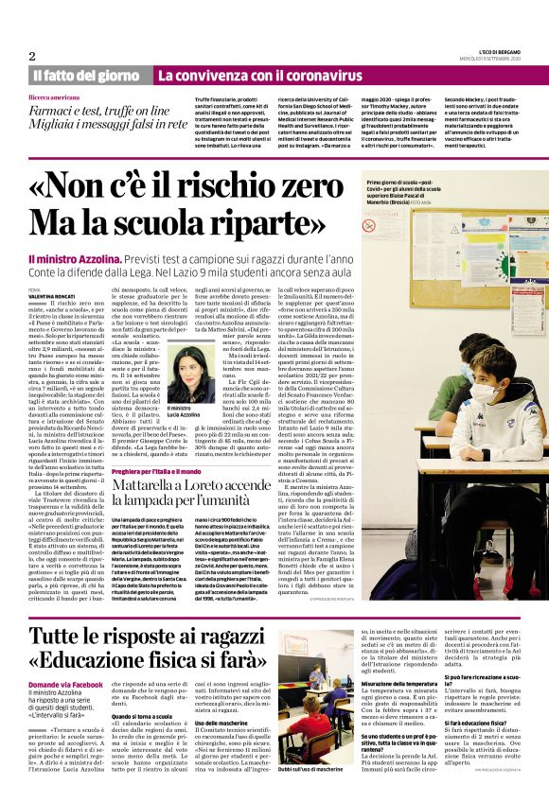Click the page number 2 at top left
click(31, 56)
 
